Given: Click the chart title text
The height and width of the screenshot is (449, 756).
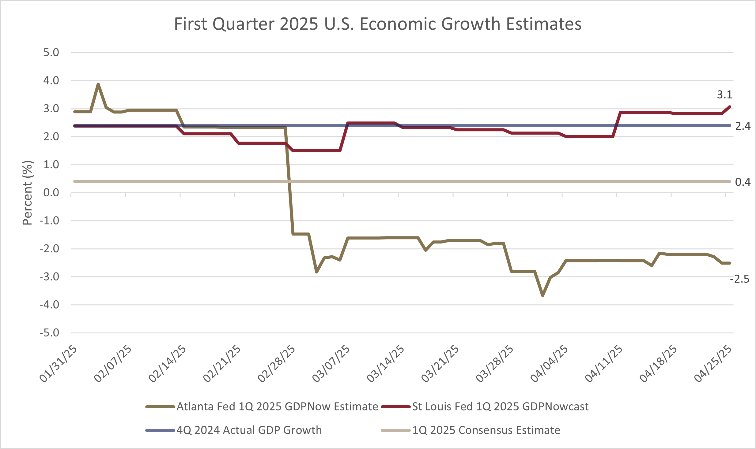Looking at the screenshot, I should pos(378,24).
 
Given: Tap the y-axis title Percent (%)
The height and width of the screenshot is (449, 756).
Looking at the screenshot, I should pos(28,193).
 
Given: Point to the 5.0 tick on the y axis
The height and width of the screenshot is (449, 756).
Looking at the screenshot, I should pos(51,53).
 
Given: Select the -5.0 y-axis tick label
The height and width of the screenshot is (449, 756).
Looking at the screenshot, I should pos(49,333).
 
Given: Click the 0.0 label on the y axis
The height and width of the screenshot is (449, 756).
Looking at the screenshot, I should pos(51,193).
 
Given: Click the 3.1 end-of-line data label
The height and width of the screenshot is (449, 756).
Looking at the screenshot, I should pos(724,95).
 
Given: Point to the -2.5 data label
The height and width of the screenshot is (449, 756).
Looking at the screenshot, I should pos(739,279).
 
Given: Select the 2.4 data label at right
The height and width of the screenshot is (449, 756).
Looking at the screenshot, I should pos(743,126).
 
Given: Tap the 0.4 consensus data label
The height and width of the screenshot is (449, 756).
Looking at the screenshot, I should pos(743,182).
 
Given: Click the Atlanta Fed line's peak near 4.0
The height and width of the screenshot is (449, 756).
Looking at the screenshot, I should pos(98,84).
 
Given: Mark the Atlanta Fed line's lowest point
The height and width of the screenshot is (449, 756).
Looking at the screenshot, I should pos(542,295).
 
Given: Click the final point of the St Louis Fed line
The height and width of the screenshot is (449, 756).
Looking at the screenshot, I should pos(730,107).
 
